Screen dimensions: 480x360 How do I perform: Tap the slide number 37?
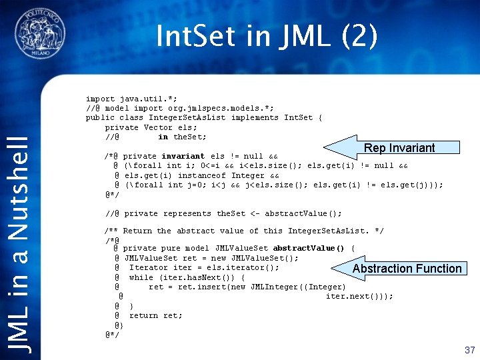[469, 349]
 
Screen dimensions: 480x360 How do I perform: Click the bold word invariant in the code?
[183, 156]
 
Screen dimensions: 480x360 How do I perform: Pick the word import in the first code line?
[100, 99]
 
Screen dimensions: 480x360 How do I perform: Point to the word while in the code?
[141, 277]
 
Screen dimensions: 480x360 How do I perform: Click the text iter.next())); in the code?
[360, 297]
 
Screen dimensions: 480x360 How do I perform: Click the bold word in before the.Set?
[163, 137]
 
